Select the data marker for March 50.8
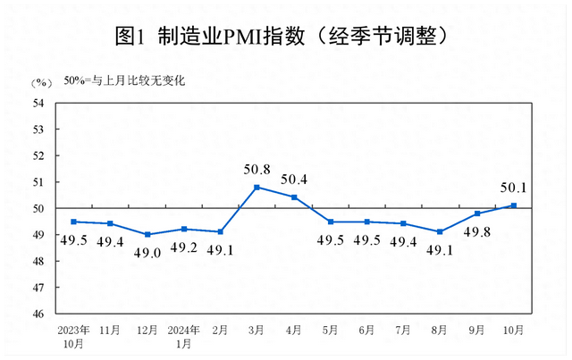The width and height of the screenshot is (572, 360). pyautogui.click(x=257, y=187)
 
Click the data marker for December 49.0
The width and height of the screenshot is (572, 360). pyautogui.click(x=147, y=234)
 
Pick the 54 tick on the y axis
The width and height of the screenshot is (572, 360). pyautogui.click(x=38, y=103)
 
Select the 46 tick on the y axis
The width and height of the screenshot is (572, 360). pyautogui.click(x=38, y=314)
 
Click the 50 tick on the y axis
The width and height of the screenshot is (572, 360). pyautogui.click(x=38, y=208)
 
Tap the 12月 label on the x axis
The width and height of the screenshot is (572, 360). pyautogui.click(x=147, y=331)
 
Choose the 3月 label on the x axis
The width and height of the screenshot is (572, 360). pyautogui.click(x=257, y=331)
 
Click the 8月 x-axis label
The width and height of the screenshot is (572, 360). pyautogui.click(x=440, y=331)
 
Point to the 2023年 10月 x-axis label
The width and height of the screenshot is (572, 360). pyautogui.click(x=73, y=336)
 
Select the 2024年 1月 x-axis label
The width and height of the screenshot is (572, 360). pyautogui.click(x=183, y=336)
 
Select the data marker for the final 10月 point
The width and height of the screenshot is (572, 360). pyautogui.click(x=513, y=205)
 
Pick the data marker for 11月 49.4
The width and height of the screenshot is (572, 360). pyautogui.click(x=110, y=223)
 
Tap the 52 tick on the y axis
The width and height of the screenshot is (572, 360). pyautogui.click(x=38, y=155)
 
